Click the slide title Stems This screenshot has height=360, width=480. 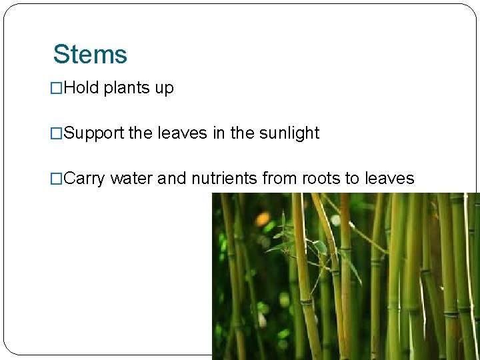[x=90, y=55]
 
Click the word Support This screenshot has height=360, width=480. [x=95, y=133]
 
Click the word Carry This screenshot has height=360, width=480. [x=85, y=179]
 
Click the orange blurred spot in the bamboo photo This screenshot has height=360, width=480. [x=263, y=219]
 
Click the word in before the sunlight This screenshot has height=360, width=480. [x=219, y=133]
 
